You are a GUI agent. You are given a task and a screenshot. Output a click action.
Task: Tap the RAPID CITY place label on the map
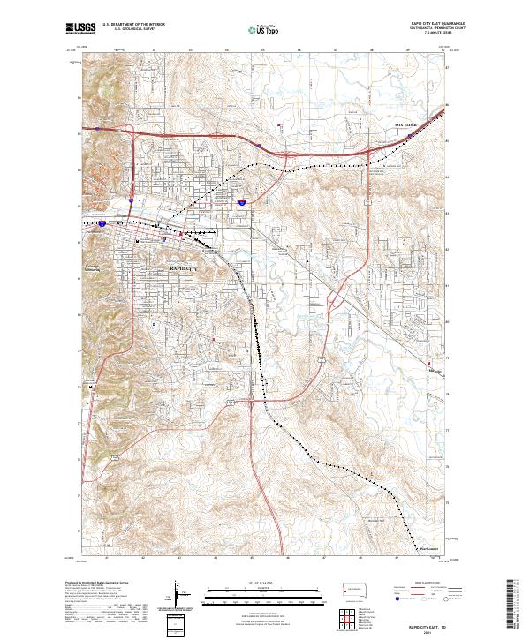184,266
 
